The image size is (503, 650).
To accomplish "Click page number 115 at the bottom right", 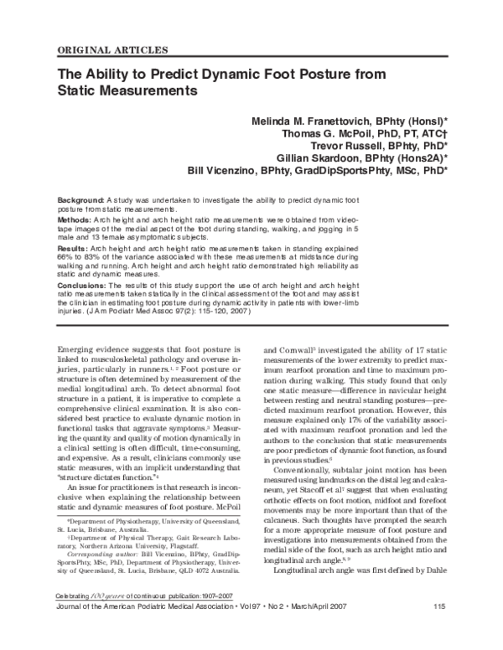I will [x=440, y=630].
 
